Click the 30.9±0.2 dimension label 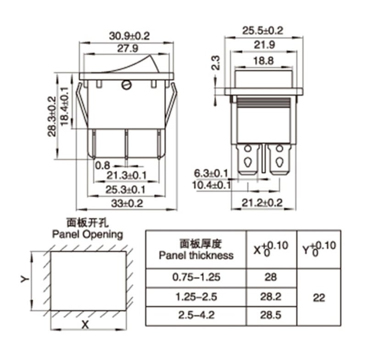tap(129, 36)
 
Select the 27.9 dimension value tap(128, 49)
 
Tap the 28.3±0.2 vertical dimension tap(52, 117)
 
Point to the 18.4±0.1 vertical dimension tap(64, 106)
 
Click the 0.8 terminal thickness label tap(102, 165)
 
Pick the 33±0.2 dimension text tap(127, 203)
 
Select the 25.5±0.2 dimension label tap(262, 31)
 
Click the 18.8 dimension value tap(263, 61)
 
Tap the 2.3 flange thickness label tap(216, 63)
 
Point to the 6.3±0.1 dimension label tap(211, 174)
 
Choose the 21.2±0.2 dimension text tap(262, 203)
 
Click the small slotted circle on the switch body tap(127, 85)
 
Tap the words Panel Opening tap(88, 234)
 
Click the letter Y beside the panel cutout tap(25, 279)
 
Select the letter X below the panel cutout tap(85, 325)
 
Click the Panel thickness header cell tap(196, 249)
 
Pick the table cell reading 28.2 tap(271, 297)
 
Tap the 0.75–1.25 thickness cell tap(196, 277)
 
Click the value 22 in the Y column tap(319, 298)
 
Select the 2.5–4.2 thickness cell tap(196, 315)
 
